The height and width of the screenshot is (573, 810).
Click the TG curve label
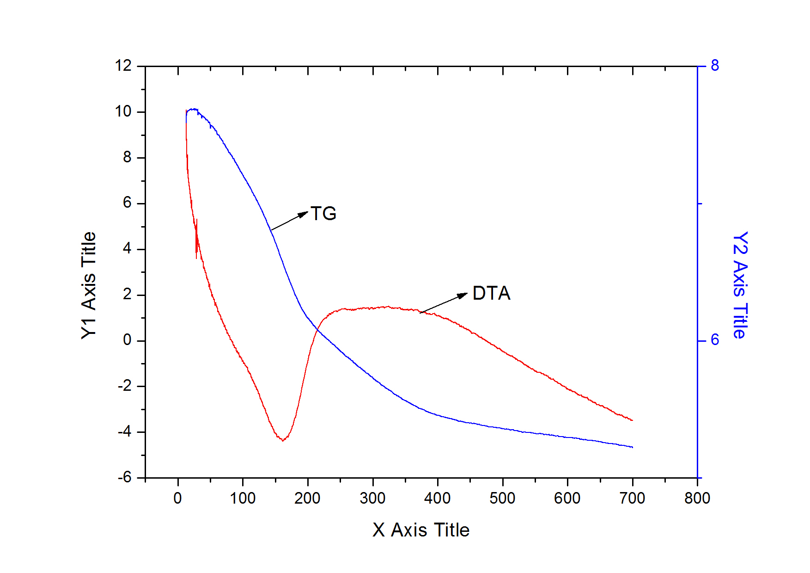click(x=323, y=214)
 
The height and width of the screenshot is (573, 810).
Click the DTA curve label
click(x=491, y=293)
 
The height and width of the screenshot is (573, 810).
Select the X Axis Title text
click(x=420, y=530)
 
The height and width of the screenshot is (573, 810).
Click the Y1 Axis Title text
click(x=89, y=285)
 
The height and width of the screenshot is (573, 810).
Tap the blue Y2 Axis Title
click(x=740, y=285)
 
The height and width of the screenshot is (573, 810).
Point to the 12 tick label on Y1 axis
click(x=123, y=66)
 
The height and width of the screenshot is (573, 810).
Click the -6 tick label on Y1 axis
click(x=125, y=477)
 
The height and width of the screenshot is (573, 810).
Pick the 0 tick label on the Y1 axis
click(x=127, y=340)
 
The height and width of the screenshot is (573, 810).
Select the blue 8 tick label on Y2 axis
click(x=715, y=66)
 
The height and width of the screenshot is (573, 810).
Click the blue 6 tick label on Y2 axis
click(x=715, y=340)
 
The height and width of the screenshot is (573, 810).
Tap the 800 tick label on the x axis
click(x=697, y=498)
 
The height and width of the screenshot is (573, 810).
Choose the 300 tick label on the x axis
click(x=372, y=498)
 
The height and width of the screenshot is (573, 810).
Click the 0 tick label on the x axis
click(x=178, y=498)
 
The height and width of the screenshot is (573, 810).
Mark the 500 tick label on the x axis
click(x=502, y=498)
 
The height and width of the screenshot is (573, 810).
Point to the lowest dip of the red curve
click(x=283, y=440)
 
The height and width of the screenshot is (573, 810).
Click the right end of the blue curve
click(x=632, y=447)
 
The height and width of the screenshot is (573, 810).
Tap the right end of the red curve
click(x=632, y=420)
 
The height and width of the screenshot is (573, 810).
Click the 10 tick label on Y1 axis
click(x=123, y=111)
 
